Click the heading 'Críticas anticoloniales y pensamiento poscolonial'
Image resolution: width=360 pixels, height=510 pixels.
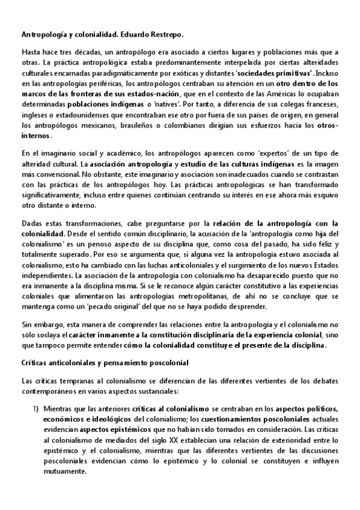point(105,363)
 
